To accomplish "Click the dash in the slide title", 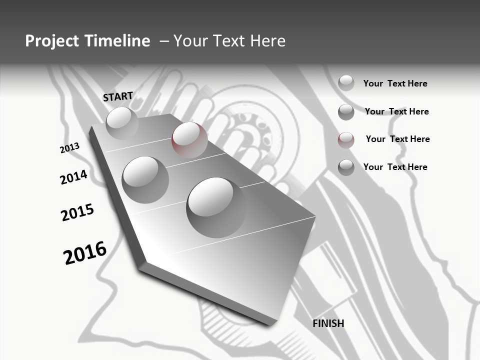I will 163,41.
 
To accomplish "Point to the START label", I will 118,96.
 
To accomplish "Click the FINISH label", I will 328,323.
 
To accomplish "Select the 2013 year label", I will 69,148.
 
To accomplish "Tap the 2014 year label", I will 73,177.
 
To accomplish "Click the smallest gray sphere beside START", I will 122,123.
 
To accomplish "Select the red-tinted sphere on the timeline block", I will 189,139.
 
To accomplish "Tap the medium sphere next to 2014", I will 145,179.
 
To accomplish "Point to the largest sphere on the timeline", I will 216,207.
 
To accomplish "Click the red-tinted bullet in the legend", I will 346,140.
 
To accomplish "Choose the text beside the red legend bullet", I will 397,139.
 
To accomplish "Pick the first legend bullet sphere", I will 346,83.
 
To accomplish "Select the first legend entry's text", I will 395,83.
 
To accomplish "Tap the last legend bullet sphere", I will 346,167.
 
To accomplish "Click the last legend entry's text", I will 395,167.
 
